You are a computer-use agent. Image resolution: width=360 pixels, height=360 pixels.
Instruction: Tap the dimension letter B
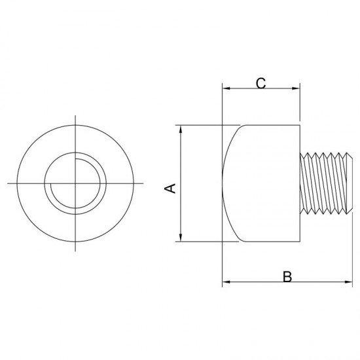point(287,276)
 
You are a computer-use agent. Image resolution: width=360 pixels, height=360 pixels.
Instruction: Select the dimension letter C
point(260,83)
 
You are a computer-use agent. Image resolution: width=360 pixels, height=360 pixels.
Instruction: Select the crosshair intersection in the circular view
point(75,183)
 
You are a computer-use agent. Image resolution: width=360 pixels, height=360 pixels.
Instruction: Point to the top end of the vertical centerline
point(75,116)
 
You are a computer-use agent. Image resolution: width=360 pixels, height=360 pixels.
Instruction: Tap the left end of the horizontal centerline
point(8,183)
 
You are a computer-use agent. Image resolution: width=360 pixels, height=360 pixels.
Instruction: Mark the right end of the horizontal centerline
point(143,183)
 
